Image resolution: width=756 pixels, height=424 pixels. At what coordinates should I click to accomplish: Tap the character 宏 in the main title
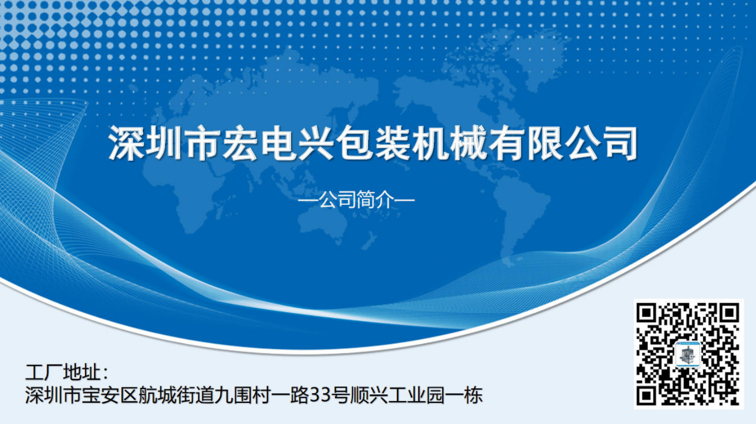pos(240,143)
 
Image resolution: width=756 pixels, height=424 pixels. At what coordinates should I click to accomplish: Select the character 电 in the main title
pos(278,143)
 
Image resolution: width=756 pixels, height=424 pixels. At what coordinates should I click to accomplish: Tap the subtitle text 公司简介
pos(356,200)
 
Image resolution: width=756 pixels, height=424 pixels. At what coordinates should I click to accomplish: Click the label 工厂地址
pos(63,372)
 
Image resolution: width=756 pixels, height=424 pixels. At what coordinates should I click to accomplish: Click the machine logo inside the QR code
pos(688,354)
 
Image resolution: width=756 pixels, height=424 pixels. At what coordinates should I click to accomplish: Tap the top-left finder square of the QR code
pos(646,313)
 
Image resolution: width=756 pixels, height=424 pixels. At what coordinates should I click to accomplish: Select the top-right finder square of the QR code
pos(729,313)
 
